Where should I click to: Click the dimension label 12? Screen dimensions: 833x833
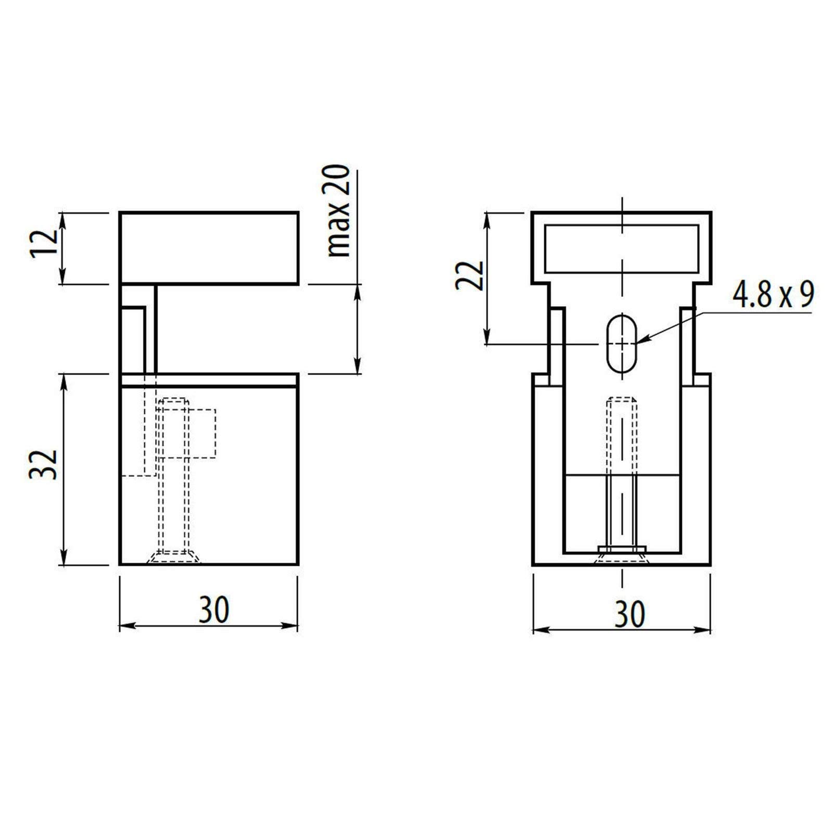44,244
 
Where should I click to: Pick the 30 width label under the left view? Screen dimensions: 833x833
213,610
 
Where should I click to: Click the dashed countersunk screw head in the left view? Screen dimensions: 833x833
173,557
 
